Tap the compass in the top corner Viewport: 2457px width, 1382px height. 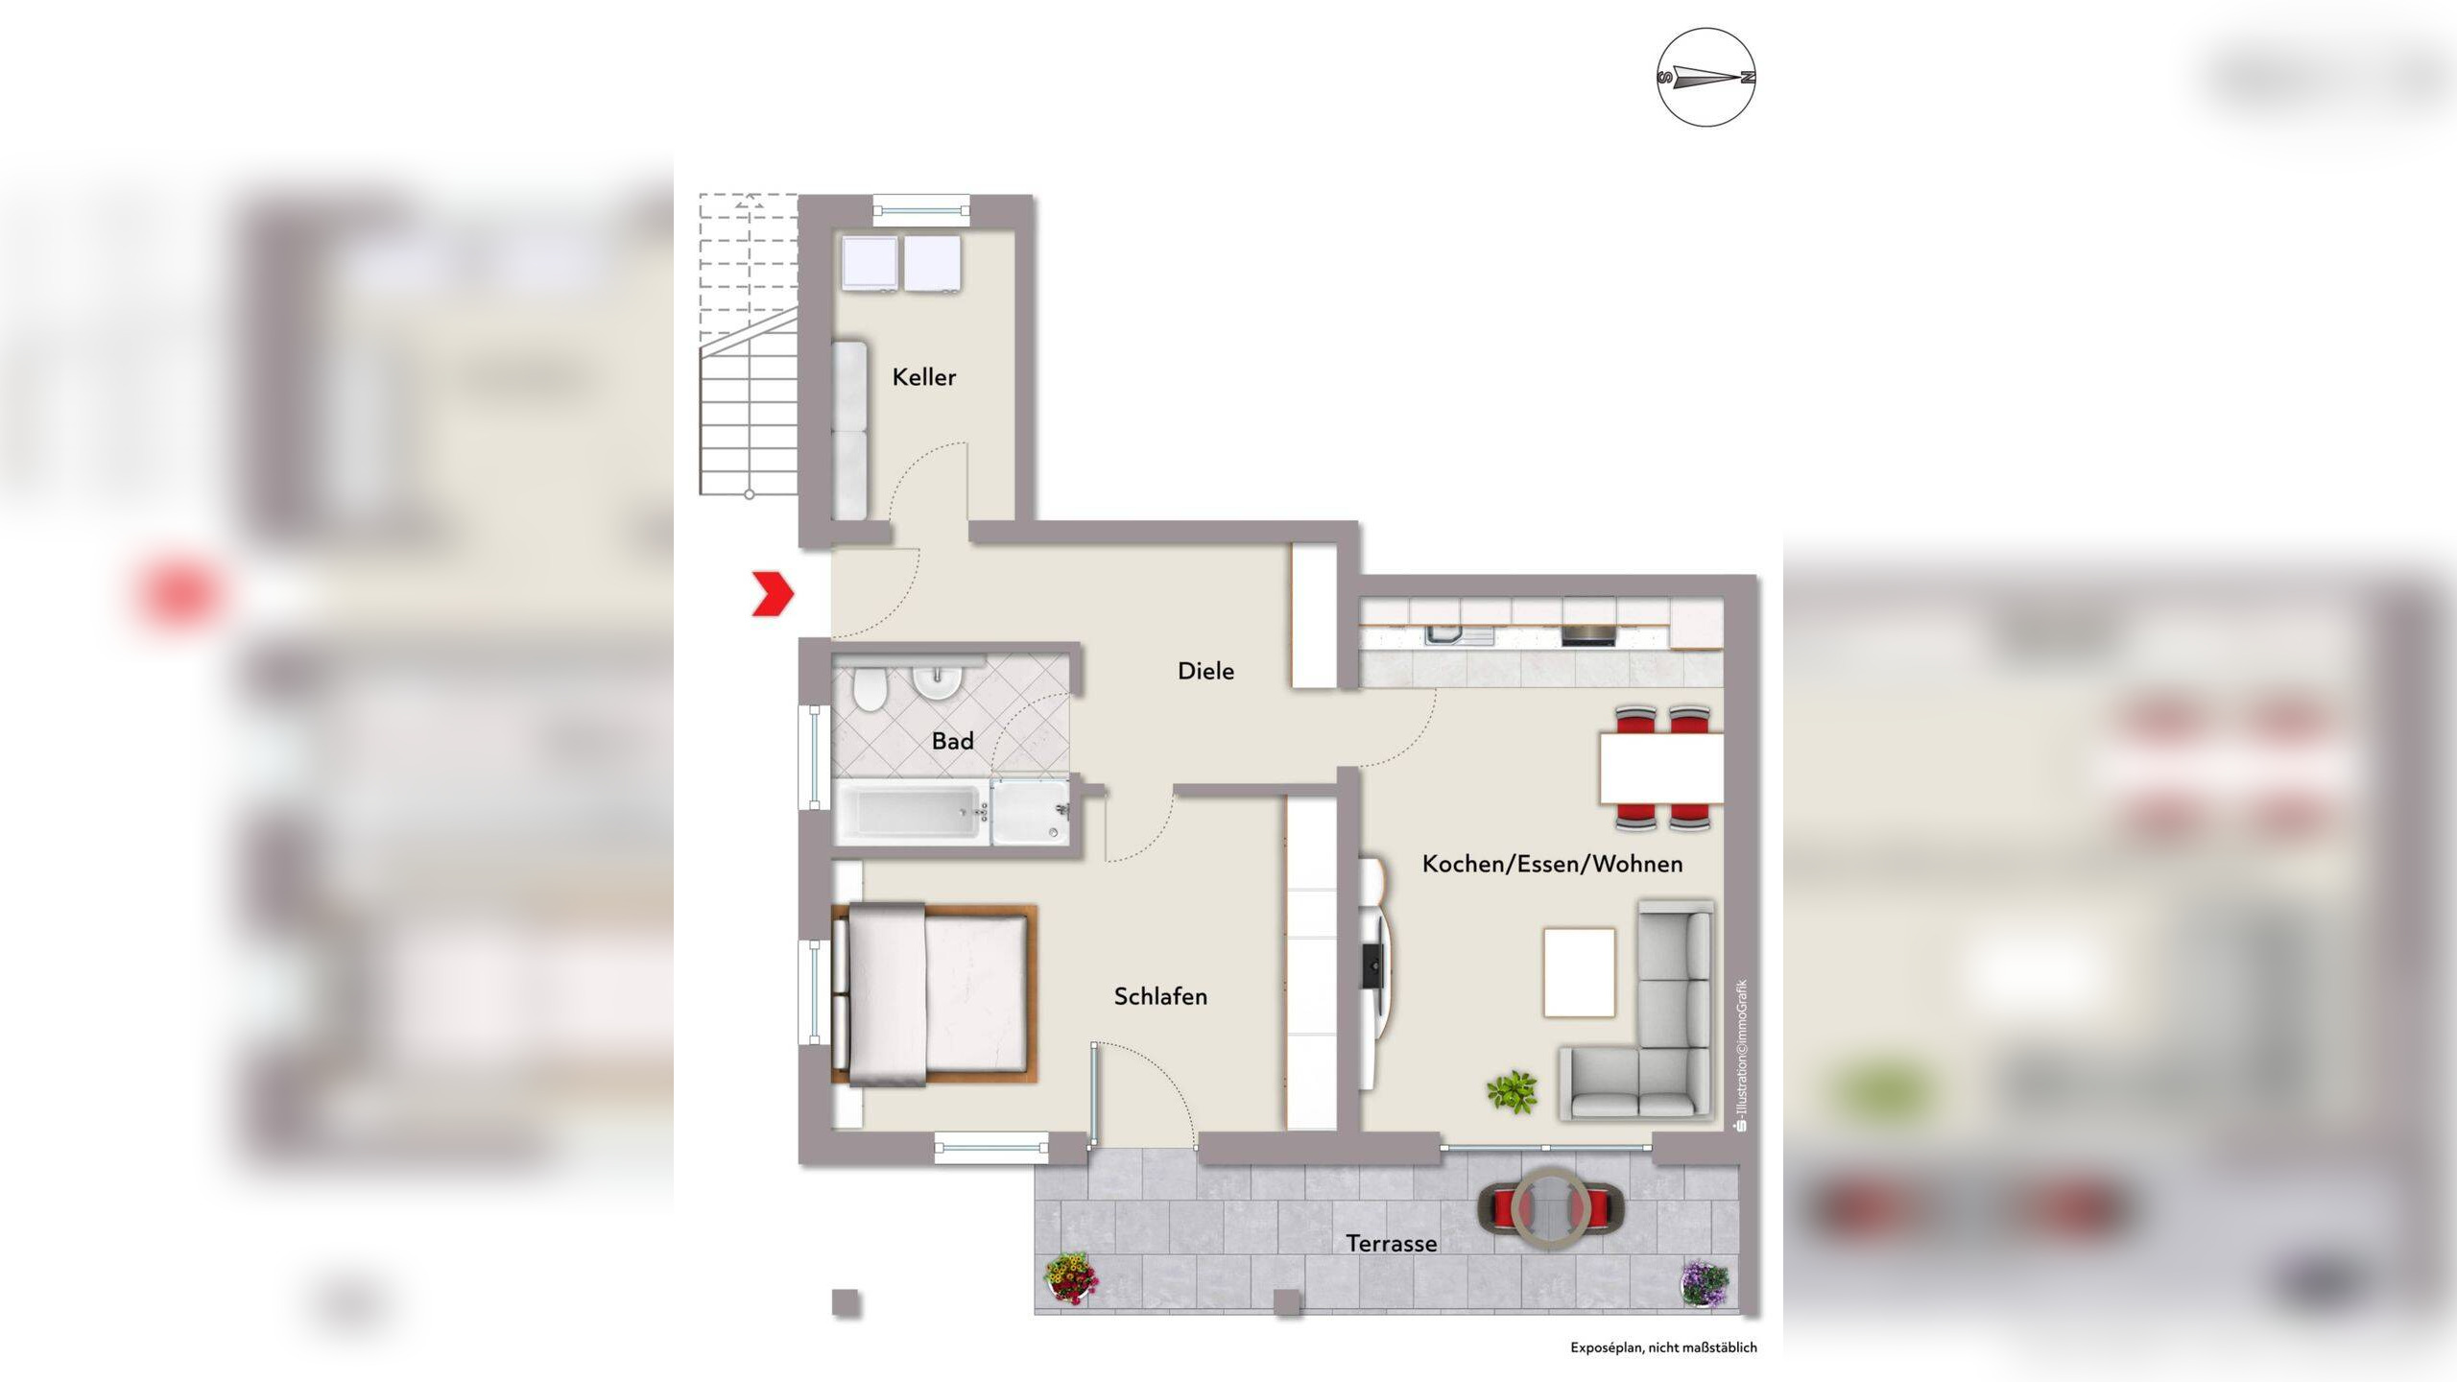click(1706, 78)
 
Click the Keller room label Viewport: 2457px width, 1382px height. click(923, 377)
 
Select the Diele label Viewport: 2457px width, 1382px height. click(1205, 671)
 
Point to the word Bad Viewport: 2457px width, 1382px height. click(952, 741)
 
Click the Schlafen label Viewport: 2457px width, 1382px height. click(1160, 996)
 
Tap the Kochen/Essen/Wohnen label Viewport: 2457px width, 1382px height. click(1552, 864)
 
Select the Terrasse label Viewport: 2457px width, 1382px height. click(1391, 1244)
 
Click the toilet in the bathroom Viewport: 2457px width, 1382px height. click(870, 691)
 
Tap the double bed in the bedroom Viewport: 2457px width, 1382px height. click(933, 994)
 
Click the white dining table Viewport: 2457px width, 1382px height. click(1661, 768)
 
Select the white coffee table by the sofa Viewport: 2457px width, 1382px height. click(1579, 972)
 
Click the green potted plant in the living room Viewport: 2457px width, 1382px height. click(1512, 1092)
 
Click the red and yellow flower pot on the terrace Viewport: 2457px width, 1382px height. click(1070, 1277)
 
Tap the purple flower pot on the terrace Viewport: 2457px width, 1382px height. click(1706, 1283)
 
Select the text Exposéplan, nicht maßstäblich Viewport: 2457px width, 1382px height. click(1663, 1347)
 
